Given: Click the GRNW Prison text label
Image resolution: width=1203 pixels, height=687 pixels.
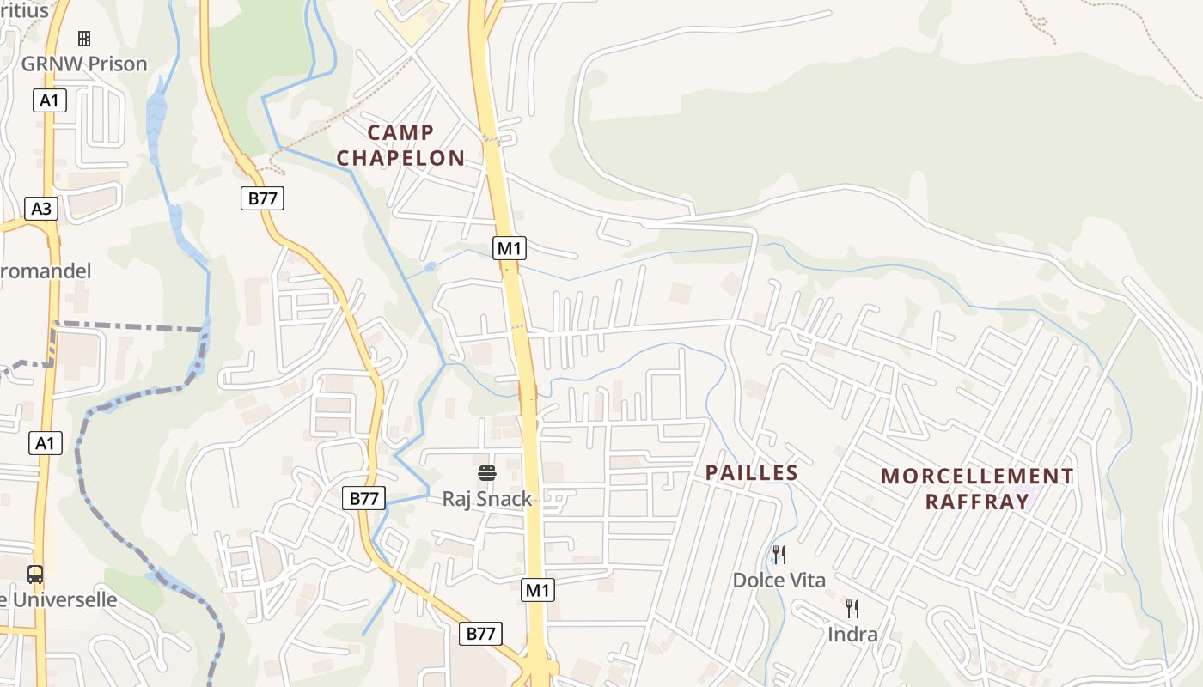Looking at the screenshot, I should [x=84, y=64].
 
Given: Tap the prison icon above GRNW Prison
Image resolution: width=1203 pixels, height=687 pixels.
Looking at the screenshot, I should [x=84, y=39].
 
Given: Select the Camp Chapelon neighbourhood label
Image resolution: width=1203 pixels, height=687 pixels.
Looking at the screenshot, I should [x=400, y=145].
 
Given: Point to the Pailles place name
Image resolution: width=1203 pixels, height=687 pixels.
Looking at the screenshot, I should [x=752, y=473].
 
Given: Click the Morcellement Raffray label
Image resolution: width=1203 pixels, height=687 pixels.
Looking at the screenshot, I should [x=977, y=489].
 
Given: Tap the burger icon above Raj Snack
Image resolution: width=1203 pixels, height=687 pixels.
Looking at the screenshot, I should [x=487, y=473].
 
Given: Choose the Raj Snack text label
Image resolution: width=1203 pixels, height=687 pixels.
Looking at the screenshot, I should [x=487, y=499].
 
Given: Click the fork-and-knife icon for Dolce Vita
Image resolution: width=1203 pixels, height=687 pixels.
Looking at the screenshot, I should [x=779, y=555].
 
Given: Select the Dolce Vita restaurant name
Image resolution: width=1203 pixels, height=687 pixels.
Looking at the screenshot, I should [x=779, y=581].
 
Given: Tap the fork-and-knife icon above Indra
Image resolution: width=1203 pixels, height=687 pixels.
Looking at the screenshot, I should [x=852, y=609].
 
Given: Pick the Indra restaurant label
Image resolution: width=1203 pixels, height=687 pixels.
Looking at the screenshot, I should [x=852, y=635].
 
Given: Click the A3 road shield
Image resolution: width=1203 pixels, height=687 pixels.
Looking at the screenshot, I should [x=41, y=208].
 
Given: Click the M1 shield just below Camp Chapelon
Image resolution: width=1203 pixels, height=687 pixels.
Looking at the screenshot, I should [x=510, y=249].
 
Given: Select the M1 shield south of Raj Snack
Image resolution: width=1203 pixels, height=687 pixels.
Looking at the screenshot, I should [x=538, y=590].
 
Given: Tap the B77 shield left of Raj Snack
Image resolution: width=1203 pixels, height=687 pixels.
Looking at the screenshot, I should [x=364, y=498].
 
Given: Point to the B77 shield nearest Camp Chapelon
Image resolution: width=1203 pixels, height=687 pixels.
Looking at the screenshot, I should [x=262, y=198].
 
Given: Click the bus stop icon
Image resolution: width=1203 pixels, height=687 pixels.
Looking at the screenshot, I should [x=35, y=575].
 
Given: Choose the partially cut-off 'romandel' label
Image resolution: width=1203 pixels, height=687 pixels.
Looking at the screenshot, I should [x=46, y=271].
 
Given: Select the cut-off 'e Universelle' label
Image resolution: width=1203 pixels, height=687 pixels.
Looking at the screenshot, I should [x=58, y=599].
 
